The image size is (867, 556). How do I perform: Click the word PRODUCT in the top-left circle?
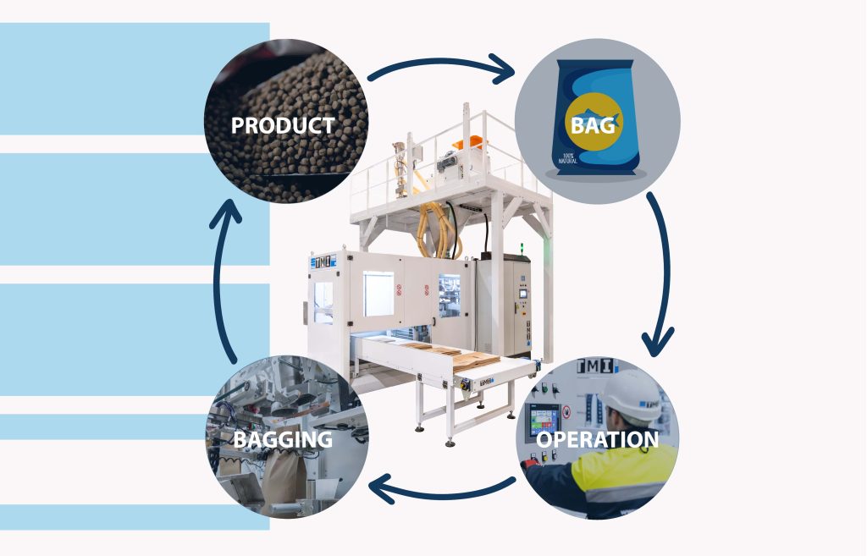click(283, 126)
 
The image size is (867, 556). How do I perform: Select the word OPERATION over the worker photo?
click(598, 440)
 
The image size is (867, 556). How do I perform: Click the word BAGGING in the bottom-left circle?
click(283, 440)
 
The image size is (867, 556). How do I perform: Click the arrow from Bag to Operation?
click(660, 271)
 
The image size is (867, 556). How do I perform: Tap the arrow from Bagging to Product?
click(223, 279)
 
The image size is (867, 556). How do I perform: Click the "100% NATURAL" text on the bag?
click(566, 157)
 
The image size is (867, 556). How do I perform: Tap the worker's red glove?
click(531, 463)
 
